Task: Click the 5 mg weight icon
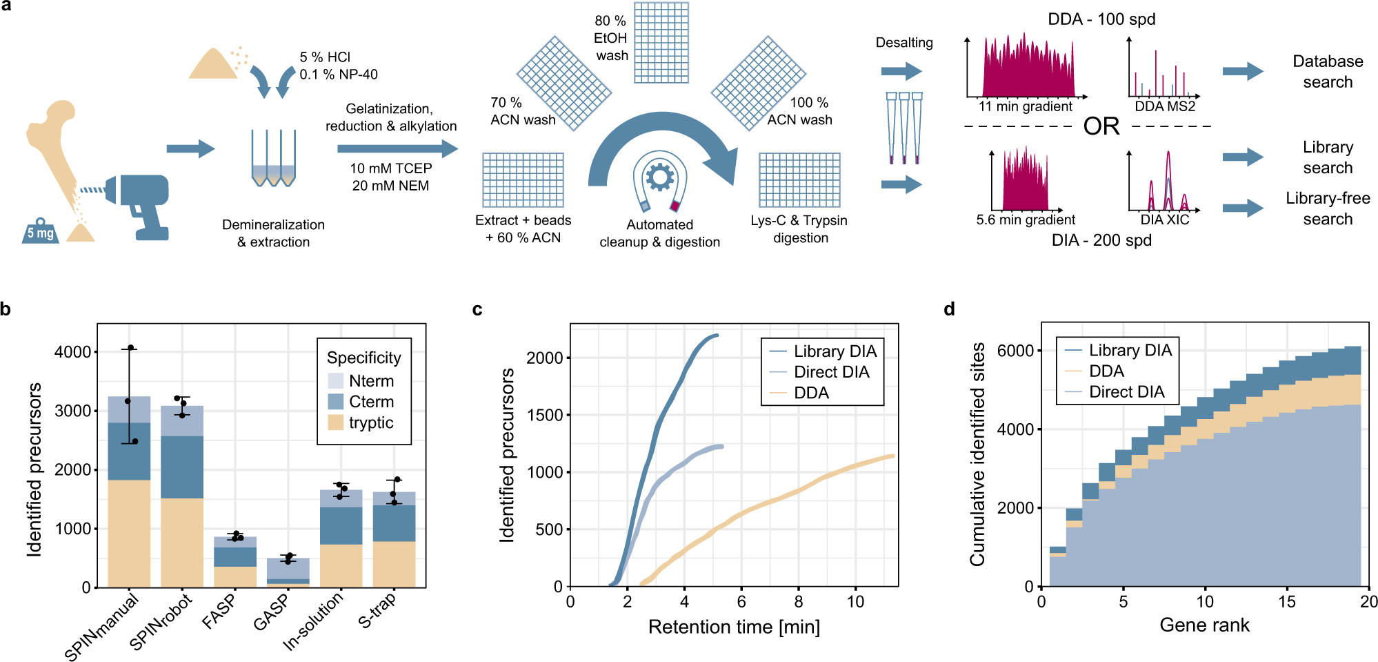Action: [x=40, y=231]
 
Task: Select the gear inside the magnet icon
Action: [x=659, y=177]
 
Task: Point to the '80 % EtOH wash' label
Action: [x=612, y=38]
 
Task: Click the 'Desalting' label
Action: [x=903, y=43]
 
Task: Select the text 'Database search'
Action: [x=1328, y=71]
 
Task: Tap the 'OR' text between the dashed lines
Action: [x=1101, y=126]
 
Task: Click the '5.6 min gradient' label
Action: [x=1026, y=220]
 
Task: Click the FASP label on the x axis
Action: [x=219, y=612]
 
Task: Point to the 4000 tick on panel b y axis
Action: [x=73, y=352]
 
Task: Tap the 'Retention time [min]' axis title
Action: [x=734, y=627]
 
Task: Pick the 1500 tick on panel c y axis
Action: [x=544, y=415]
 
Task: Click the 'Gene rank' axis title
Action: [x=1204, y=625]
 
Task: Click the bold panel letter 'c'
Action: [x=477, y=309]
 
